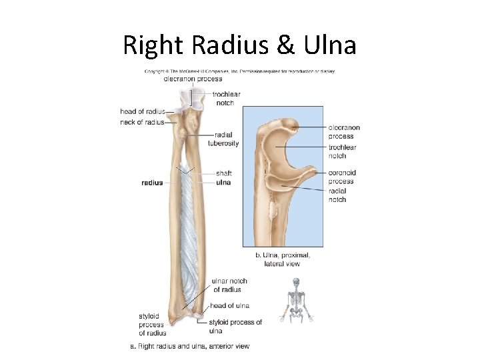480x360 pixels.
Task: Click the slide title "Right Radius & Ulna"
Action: [x=239, y=45]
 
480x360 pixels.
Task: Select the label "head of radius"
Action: [x=142, y=111]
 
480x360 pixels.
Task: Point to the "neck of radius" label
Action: [x=142, y=122]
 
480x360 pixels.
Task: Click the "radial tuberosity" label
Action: [x=223, y=139]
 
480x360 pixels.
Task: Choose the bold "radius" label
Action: [x=152, y=182]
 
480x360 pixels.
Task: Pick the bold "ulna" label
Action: [x=223, y=182]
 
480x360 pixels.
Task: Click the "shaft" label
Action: [x=223, y=173]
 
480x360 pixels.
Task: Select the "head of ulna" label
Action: [x=229, y=306]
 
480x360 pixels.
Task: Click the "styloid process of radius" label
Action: [x=152, y=325]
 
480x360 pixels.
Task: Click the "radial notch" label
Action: [x=337, y=195]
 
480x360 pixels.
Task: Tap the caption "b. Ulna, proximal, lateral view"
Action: [x=283, y=259]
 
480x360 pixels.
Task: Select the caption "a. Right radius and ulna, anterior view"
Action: [x=189, y=346]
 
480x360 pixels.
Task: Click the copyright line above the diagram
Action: [x=240, y=71]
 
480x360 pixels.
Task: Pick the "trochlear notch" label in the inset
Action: [x=342, y=151]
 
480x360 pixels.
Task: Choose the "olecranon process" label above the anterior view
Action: [x=193, y=79]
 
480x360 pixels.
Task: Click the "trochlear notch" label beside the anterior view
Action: [x=226, y=98]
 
